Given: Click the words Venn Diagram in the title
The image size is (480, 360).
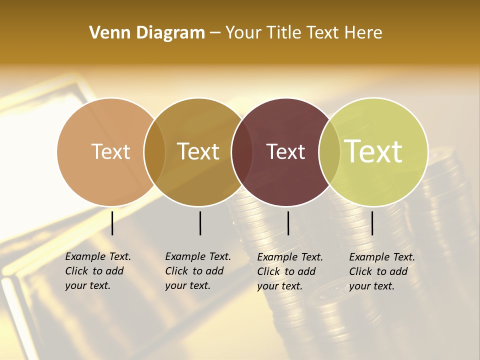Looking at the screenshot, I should click(147, 33).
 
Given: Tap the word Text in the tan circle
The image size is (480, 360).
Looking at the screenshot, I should click(111, 151).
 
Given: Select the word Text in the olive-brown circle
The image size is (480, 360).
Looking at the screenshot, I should click(198, 151).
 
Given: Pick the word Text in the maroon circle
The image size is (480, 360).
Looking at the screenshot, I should click(285, 151).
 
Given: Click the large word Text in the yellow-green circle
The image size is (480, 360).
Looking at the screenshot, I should click(373, 151).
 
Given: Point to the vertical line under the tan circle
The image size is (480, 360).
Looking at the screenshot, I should click(112, 223).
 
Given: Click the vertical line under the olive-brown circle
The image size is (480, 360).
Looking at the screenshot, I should click(200, 223).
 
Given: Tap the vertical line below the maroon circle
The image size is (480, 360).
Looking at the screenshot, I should click(288, 223).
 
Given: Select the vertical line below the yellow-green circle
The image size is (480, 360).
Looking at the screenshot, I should click(372, 223).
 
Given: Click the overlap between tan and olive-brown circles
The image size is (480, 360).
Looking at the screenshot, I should click(154, 151).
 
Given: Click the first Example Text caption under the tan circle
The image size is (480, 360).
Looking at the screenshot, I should click(98, 271).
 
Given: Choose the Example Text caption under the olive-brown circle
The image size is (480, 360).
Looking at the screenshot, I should click(198, 271).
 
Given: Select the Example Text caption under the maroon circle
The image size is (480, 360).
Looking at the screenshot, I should click(290, 271).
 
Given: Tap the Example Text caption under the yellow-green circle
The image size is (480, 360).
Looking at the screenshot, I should click(382, 271).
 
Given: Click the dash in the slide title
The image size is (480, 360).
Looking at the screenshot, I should click(215, 33).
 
